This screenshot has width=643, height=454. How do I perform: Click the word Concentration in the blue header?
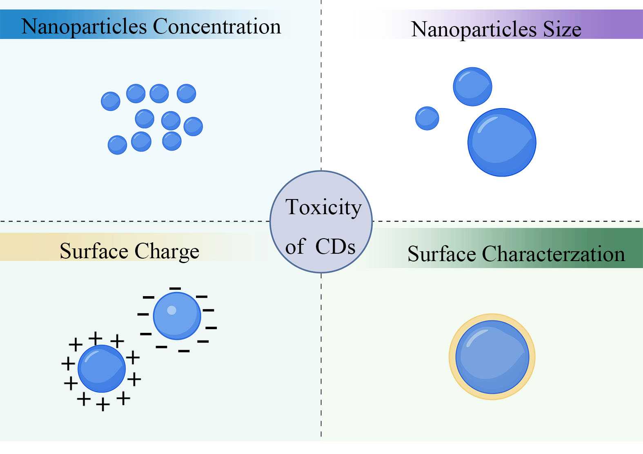(217, 27)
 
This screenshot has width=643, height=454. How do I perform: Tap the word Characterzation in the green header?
(553, 254)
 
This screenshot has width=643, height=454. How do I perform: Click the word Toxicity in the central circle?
(323, 207)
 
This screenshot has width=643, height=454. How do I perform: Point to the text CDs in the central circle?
(335, 246)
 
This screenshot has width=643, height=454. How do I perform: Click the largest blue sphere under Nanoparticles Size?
(502, 142)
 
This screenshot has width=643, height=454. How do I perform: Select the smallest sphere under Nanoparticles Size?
(427, 118)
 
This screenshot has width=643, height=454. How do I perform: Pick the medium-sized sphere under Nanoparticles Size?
(472, 86)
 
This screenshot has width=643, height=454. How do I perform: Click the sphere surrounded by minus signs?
(177, 316)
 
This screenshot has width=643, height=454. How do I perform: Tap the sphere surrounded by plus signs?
(102, 368)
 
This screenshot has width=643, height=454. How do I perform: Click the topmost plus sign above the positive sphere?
(95, 338)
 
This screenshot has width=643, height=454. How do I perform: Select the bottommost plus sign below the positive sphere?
(103, 405)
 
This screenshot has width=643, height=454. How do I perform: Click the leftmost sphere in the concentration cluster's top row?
(111, 101)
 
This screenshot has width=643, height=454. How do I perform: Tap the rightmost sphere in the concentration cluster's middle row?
(193, 126)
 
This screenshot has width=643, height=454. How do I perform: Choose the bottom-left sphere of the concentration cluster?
(117, 145)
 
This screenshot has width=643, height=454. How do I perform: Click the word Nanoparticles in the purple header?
(474, 29)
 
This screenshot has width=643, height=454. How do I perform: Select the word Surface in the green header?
(441, 254)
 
